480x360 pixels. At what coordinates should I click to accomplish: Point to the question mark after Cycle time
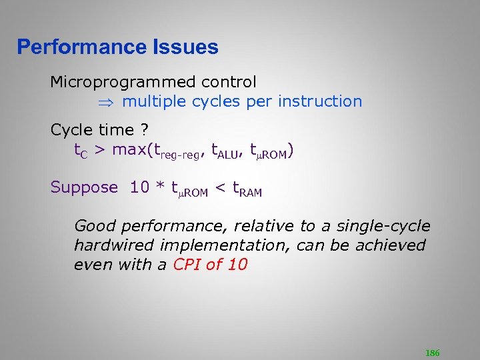pos(144,130)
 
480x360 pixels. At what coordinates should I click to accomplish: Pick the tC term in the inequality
pos(81,151)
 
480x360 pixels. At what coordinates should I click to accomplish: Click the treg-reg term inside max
pos(177,152)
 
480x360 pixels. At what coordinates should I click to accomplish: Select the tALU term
pos(224,152)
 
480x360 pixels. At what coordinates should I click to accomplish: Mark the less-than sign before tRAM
pos(221,189)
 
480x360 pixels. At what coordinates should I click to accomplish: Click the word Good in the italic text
pos(93,226)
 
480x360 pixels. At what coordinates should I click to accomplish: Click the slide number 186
pos(432,353)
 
